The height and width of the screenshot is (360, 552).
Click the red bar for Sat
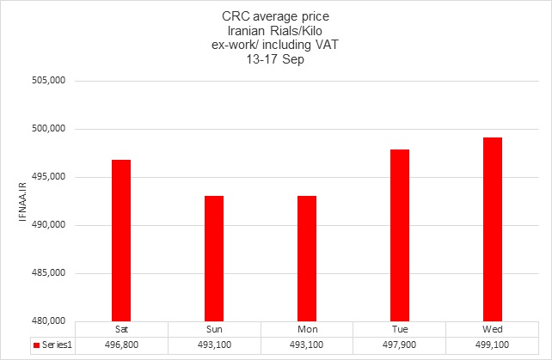tap(121, 241)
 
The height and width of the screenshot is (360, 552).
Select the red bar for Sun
tap(214, 259)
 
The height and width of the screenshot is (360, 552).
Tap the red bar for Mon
tap(307, 259)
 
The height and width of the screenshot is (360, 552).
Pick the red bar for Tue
tap(400, 235)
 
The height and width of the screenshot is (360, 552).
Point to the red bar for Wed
tap(493, 229)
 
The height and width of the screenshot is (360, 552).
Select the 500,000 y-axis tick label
tap(48, 129)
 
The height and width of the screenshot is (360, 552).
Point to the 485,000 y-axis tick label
tap(48, 273)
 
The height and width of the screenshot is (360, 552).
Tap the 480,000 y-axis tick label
tap(48, 321)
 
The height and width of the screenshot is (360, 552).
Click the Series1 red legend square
tap(36, 345)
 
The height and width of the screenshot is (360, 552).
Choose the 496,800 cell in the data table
tap(121, 345)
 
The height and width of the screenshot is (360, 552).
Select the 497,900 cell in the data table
tap(400, 345)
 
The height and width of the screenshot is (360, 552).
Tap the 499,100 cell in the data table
tap(493, 345)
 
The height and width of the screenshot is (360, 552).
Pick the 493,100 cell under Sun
tap(214, 345)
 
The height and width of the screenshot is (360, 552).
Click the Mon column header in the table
tap(307, 329)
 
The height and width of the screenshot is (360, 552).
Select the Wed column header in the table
tap(493, 329)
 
